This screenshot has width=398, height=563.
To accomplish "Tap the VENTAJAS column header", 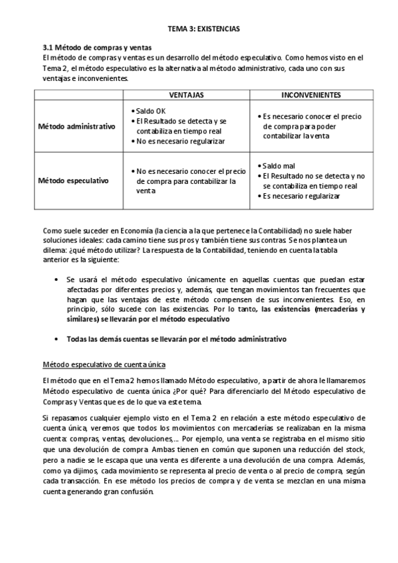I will click(x=187, y=96).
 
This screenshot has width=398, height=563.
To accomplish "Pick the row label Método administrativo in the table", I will click(x=76, y=126).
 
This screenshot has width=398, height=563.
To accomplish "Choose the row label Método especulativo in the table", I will click(x=74, y=180).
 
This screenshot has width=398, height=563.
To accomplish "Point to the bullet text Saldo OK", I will click(x=151, y=110).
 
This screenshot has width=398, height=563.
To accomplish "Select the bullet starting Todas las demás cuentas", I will click(x=177, y=339).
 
